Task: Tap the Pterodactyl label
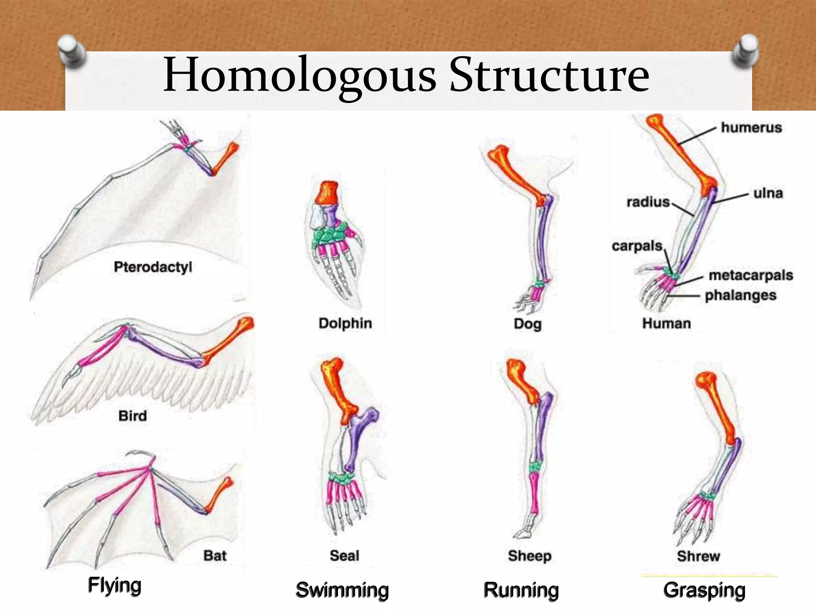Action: pos(153,267)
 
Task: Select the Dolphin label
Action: pos(345,323)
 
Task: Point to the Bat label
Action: pos(215,555)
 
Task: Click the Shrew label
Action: pos(698,556)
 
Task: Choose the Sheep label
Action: pos(530,556)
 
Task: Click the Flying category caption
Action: pos(115,586)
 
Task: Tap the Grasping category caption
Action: pos(704,590)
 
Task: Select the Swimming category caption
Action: pos(342,590)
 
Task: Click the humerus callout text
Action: pos(751,127)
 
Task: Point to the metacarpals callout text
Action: pos(751,275)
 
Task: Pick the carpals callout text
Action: pos(637,246)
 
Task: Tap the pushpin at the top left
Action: pos(72,51)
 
